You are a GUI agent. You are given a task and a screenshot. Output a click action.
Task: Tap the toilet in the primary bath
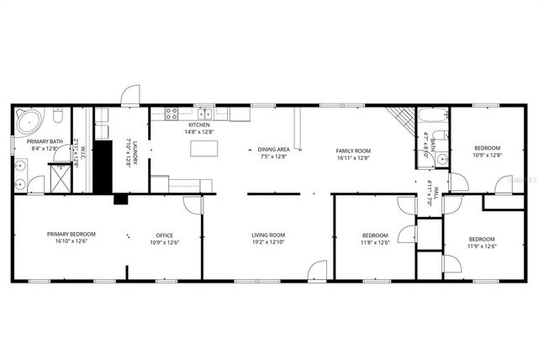[59, 114]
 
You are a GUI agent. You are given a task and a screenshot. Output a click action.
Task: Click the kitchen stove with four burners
[171, 114]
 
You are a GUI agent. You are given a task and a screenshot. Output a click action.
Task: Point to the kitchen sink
[205, 114]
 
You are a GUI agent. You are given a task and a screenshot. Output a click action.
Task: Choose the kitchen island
[202, 149]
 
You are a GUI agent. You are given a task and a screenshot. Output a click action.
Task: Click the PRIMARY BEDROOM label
[71, 235]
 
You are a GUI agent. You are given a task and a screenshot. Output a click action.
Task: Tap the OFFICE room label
[165, 235]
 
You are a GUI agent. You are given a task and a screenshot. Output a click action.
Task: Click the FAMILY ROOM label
[354, 151]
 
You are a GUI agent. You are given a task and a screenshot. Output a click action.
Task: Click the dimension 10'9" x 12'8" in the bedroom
[487, 155]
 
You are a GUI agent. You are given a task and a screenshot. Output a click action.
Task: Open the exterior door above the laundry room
[130, 94]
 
